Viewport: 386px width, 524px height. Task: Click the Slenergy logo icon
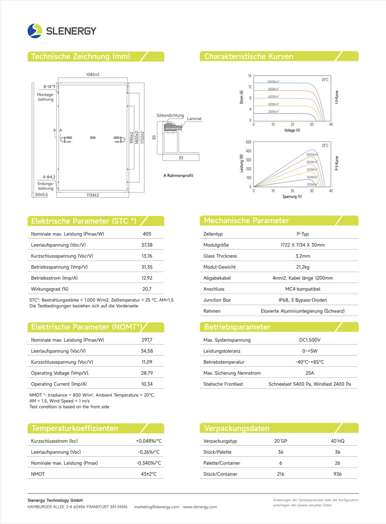35,31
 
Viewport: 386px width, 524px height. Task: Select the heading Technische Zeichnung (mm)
80,56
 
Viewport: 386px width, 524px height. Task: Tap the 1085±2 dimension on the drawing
93,75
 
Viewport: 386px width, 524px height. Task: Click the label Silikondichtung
170,115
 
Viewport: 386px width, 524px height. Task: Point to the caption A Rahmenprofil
178,176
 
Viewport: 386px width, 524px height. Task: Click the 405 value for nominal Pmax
147,234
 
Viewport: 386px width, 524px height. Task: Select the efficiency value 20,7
147,289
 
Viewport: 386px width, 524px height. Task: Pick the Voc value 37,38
147,245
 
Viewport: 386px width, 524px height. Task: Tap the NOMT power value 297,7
147,340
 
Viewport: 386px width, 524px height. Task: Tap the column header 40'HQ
337,441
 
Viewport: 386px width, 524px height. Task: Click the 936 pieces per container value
337,474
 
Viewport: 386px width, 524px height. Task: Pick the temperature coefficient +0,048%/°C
149,441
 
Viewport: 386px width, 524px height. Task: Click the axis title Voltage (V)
292,131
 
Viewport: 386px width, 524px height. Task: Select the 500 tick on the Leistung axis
249,142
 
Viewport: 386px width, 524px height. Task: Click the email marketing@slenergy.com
156,507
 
